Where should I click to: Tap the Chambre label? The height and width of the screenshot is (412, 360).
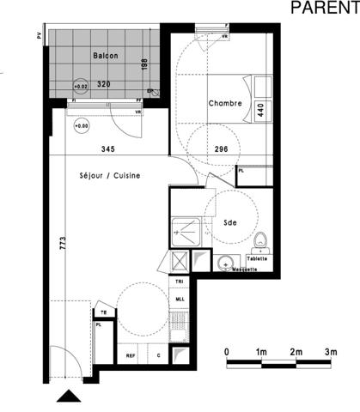[x=224, y=104]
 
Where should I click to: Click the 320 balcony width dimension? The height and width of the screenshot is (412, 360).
[x=104, y=85]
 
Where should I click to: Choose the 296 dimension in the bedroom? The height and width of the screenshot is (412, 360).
[x=222, y=148]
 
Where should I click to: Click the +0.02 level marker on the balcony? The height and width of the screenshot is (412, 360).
[x=81, y=87]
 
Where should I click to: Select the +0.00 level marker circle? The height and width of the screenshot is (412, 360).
[x=82, y=127]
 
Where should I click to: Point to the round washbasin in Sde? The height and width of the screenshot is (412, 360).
[x=226, y=263]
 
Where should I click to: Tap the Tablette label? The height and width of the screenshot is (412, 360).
[x=258, y=258]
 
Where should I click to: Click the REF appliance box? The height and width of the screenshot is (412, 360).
[x=131, y=355]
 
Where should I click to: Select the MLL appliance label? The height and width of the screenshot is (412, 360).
[x=180, y=299]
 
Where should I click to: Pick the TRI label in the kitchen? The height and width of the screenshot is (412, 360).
[x=180, y=282]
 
